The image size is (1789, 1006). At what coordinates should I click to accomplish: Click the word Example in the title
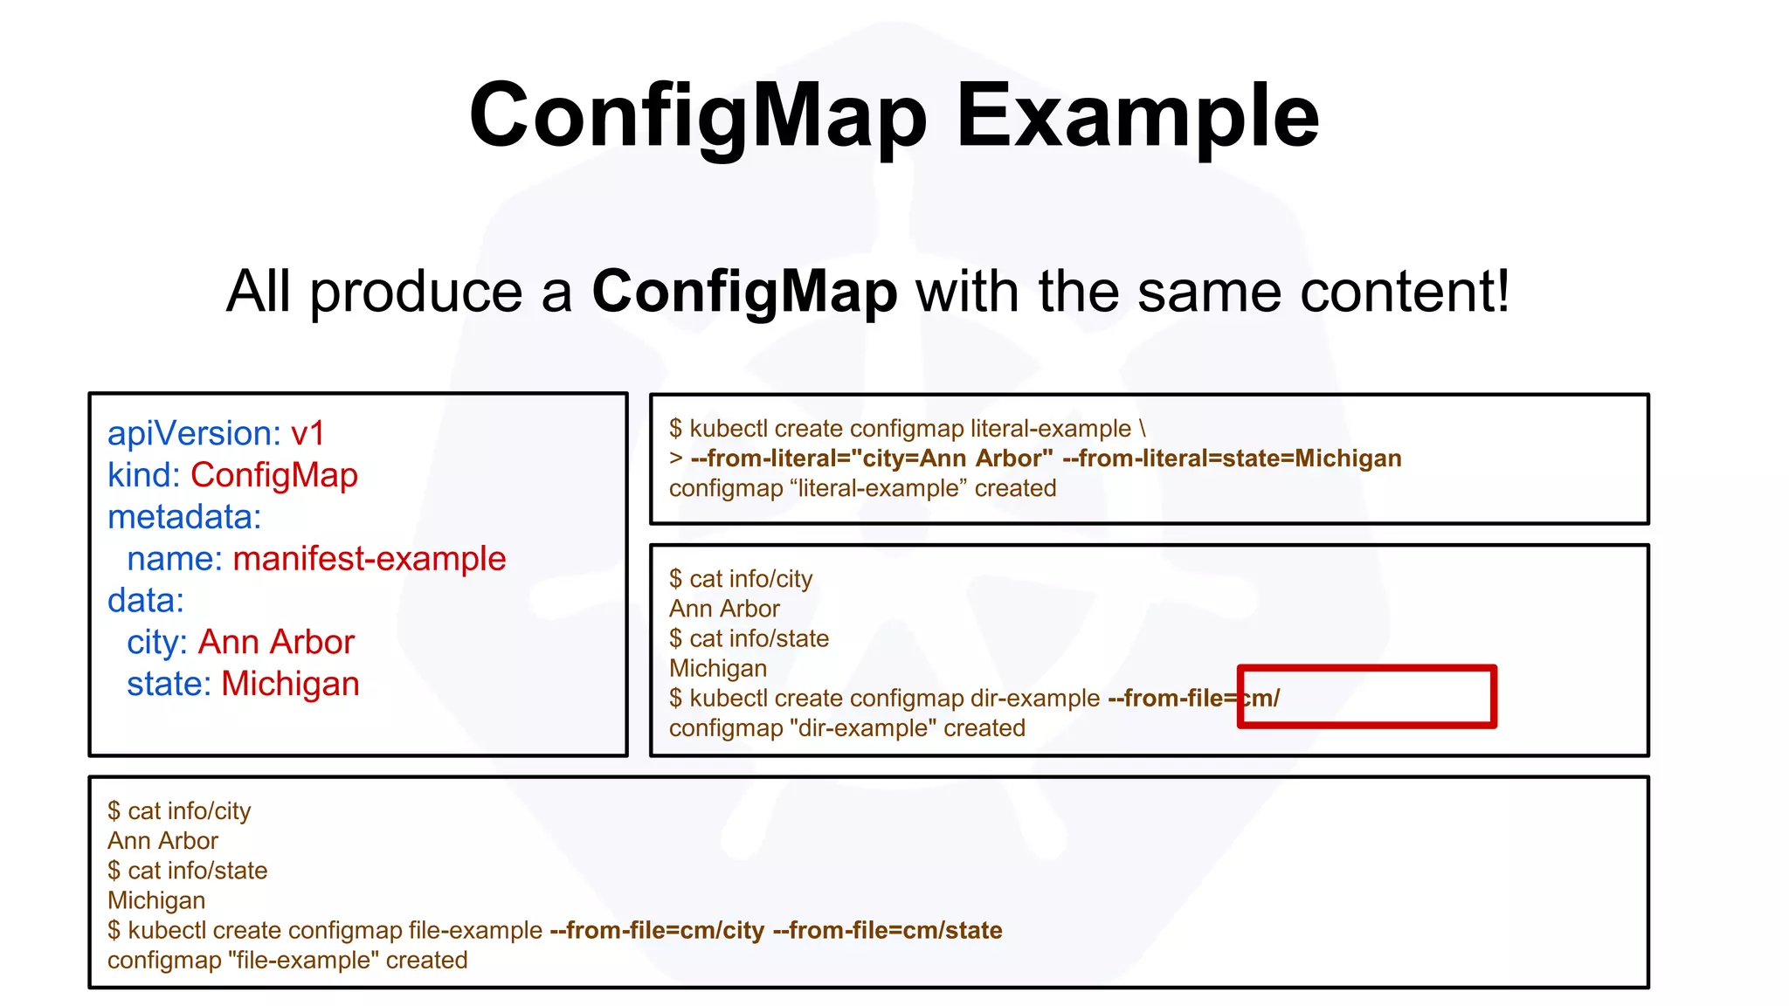[1137, 116]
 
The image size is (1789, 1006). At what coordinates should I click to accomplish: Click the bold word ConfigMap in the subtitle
[744, 291]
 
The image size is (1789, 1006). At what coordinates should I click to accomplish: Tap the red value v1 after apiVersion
[307, 433]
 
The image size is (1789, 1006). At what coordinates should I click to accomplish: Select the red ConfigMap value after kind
[274, 475]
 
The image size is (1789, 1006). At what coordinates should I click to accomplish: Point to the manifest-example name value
[370, 559]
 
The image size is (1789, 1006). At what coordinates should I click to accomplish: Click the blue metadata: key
[184, 517]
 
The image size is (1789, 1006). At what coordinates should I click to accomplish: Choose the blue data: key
[146, 601]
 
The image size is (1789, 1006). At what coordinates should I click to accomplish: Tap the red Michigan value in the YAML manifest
[290, 684]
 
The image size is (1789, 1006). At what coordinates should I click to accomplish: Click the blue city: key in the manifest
[157, 643]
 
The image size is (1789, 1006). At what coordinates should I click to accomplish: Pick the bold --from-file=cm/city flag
[657, 930]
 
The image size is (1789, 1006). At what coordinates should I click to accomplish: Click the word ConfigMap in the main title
[697, 116]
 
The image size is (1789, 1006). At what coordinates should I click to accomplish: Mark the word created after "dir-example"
[984, 728]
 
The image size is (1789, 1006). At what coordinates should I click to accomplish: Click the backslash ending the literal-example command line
[1143, 429]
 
